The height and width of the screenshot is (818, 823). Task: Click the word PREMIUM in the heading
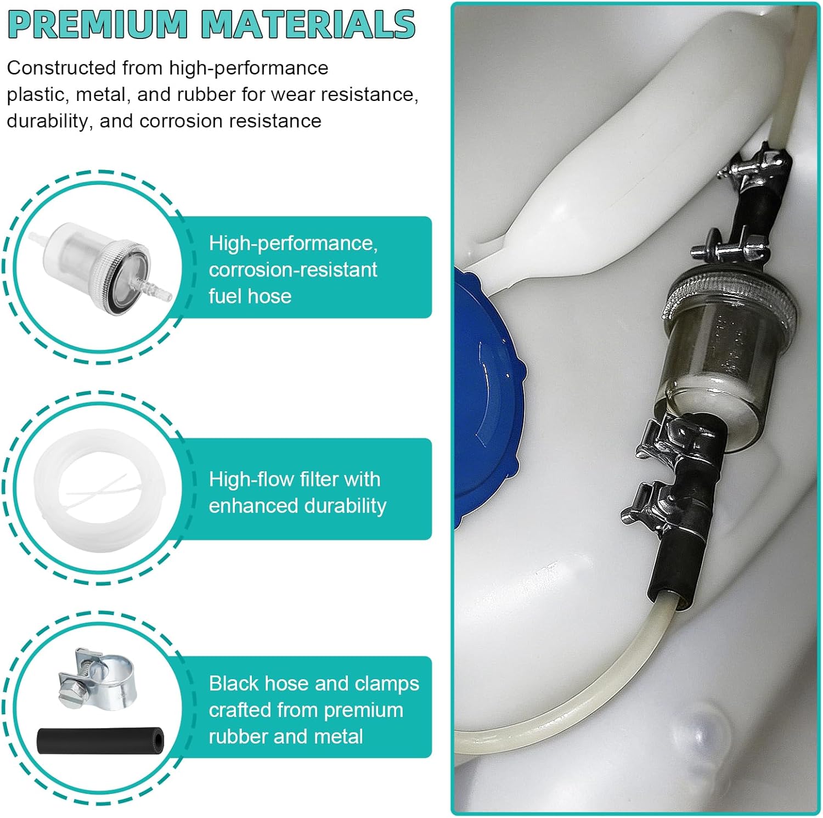coord(98,25)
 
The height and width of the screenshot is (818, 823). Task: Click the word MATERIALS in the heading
coord(308,25)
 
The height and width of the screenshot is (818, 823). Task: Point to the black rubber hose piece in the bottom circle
coord(101,740)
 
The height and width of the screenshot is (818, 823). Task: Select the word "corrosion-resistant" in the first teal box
coord(293,269)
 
